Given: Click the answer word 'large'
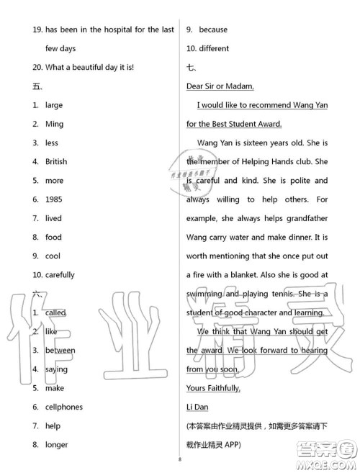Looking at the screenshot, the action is click(x=54, y=105).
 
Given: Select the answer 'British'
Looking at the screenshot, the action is click(x=56, y=162).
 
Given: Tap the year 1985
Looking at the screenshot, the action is click(x=53, y=199).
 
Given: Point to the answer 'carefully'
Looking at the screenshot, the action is click(x=60, y=275).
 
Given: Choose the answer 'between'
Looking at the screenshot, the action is click(x=60, y=351).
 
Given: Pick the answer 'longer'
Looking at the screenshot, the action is click(x=56, y=445).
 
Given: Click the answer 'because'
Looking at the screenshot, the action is click(x=212, y=30).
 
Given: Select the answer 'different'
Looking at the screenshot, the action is click(x=214, y=49).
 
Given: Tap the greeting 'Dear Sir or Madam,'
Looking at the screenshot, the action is click(x=220, y=86).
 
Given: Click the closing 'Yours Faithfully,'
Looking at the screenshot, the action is click(x=213, y=389).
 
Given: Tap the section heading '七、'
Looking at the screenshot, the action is click(x=192, y=68).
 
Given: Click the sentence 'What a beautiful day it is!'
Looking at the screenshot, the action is click(x=89, y=68).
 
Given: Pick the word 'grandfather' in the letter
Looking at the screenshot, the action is click(x=303, y=218).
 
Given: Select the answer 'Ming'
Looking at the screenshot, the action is click(x=54, y=124).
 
